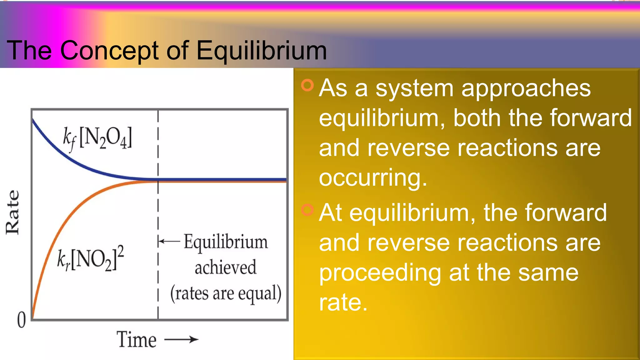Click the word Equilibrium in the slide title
(x=262, y=51)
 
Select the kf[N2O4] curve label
(x=97, y=139)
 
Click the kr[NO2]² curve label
(x=91, y=259)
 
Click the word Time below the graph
(x=137, y=340)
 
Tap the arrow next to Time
(x=182, y=339)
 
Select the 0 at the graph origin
(x=21, y=320)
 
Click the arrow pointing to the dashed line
(x=169, y=241)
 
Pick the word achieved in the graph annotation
(x=225, y=267)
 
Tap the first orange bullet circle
(x=307, y=85)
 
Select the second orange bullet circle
(x=307, y=210)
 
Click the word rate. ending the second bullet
(x=343, y=302)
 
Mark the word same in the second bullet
(x=548, y=273)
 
